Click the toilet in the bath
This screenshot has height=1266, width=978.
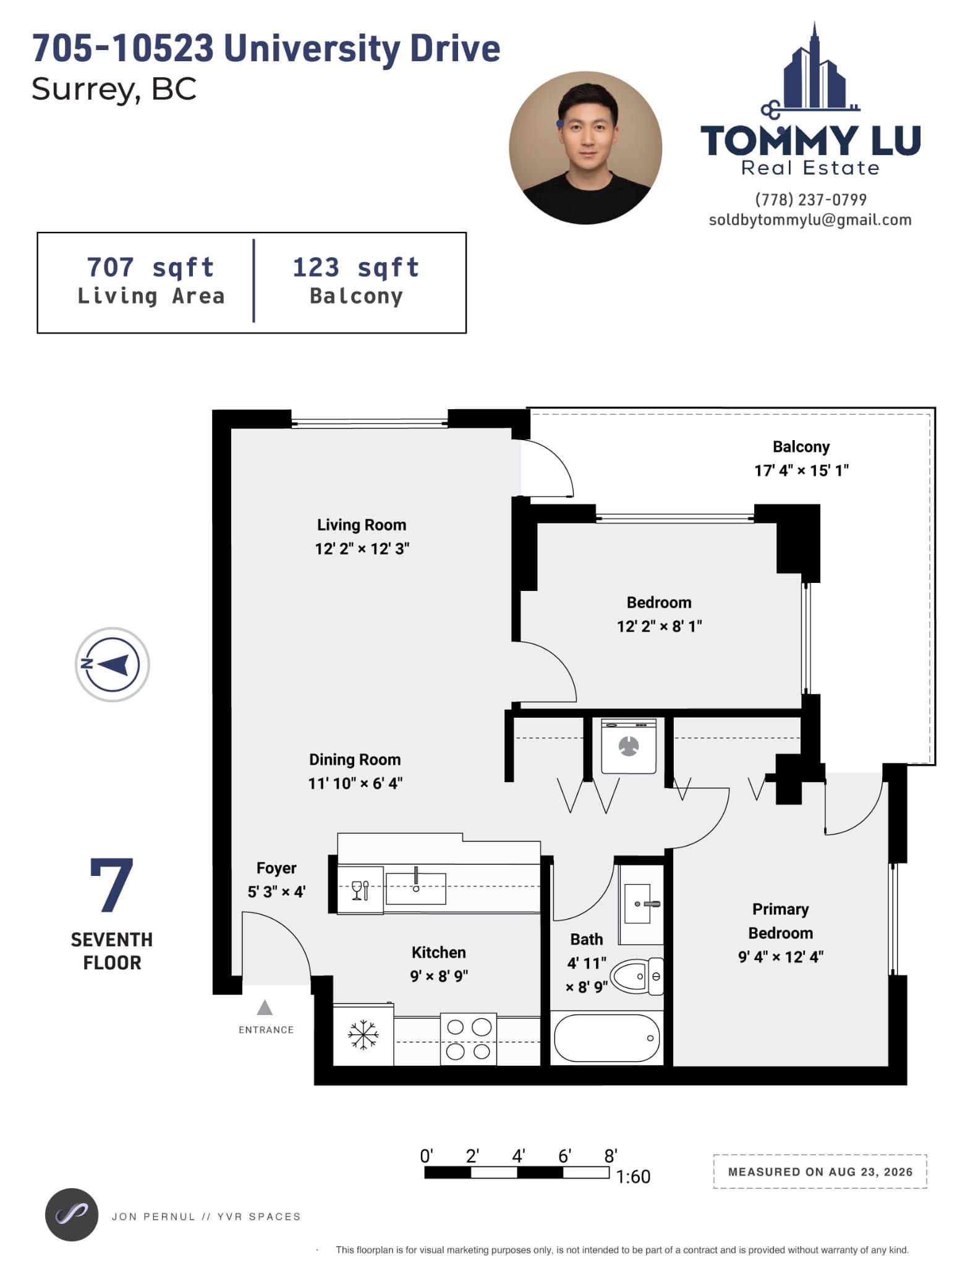tap(637, 976)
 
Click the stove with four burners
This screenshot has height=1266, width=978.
tap(468, 1039)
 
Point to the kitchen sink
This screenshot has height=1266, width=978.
tap(415, 888)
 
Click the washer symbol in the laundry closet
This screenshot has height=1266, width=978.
tap(629, 746)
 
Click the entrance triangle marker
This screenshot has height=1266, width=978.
tap(265, 1008)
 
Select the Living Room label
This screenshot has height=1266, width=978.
tap(362, 525)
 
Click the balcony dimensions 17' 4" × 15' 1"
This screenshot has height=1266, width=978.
tap(801, 470)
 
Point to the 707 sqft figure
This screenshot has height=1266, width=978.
tap(150, 268)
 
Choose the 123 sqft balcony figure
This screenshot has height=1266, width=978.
tap(356, 268)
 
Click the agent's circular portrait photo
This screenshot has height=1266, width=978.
tap(585, 148)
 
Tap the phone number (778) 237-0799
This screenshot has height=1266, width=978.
tap(810, 200)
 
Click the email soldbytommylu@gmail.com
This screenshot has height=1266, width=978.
tap(810, 220)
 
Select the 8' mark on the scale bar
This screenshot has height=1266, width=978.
tap(610, 1155)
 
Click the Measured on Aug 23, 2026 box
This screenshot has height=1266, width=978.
tap(820, 1171)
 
